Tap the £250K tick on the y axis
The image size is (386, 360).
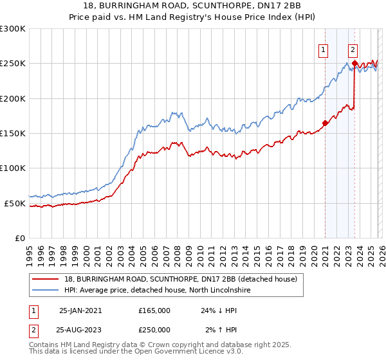click(x=13, y=64)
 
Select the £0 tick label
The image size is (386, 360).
click(x=21, y=238)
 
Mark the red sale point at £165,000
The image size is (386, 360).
click(x=325, y=123)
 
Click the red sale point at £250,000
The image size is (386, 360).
click(x=354, y=64)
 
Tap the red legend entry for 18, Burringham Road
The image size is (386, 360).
click(x=180, y=279)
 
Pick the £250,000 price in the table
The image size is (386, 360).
click(x=154, y=329)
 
